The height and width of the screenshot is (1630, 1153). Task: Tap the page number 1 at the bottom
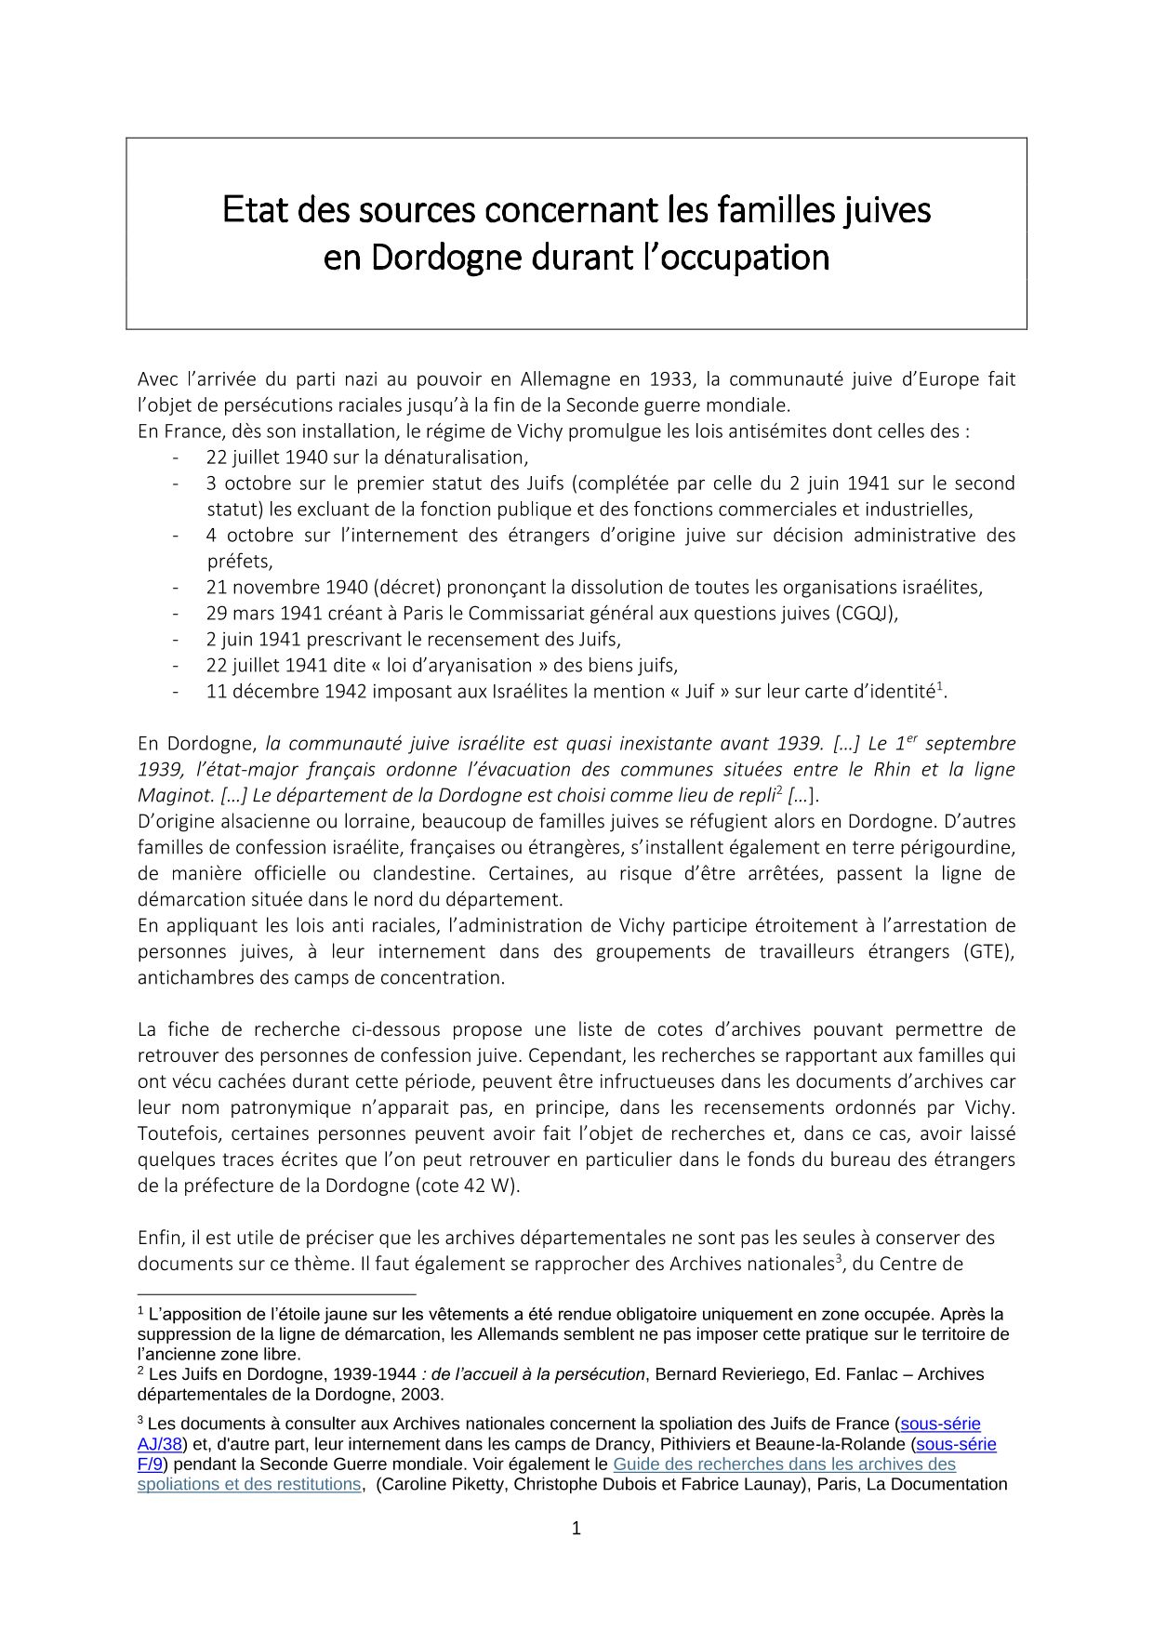click(x=576, y=1528)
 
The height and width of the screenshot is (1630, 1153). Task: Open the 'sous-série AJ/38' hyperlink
click(x=940, y=1424)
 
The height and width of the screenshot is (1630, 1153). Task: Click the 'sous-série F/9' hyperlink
click(x=955, y=1444)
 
